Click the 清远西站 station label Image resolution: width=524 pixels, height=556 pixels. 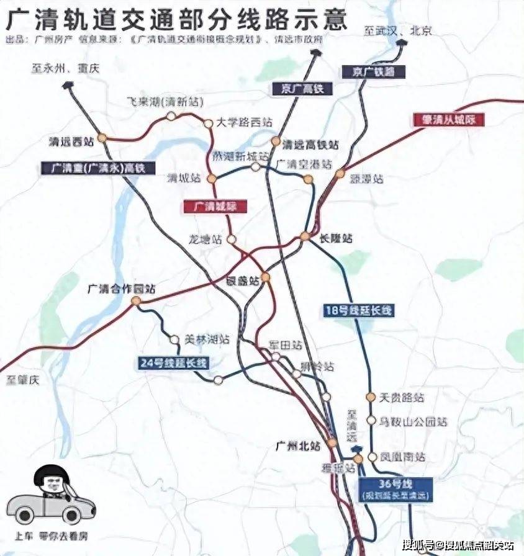tap(71, 141)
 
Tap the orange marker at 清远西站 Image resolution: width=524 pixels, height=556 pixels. tap(102, 138)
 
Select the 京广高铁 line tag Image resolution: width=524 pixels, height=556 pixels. tap(298, 89)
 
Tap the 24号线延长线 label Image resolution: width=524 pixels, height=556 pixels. tap(173, 362)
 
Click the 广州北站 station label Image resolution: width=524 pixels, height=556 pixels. tap(297, 445)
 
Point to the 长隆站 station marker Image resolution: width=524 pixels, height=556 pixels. tap(305, 236)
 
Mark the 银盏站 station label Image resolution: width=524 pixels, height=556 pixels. tap(244, 281)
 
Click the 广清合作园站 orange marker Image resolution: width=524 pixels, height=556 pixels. tap(136, 301)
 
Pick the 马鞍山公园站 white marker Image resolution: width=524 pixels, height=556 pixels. tap(371, 420)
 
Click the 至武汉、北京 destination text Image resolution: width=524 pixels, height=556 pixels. tap(397, 30)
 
